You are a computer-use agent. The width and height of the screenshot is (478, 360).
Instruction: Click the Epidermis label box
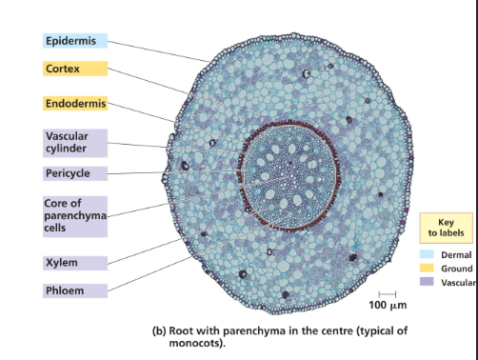[x=75, y=41]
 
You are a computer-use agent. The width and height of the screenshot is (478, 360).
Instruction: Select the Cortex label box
[x=75, y=70]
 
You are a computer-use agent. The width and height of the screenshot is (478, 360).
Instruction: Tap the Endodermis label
[x=75, y=103]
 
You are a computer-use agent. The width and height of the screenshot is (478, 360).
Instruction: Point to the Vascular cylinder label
[x=75, y=142]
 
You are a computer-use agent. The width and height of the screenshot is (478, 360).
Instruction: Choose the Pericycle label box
[x=75, y=173]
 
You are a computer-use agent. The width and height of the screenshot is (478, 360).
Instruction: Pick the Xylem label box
[x=75, y=262]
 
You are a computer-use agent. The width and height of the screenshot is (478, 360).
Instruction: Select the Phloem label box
[x=75, y=289]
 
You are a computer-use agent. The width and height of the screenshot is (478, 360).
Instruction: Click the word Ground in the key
[x=457, y=270]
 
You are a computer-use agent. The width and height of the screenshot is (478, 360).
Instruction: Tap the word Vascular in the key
[x=459, y=284]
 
